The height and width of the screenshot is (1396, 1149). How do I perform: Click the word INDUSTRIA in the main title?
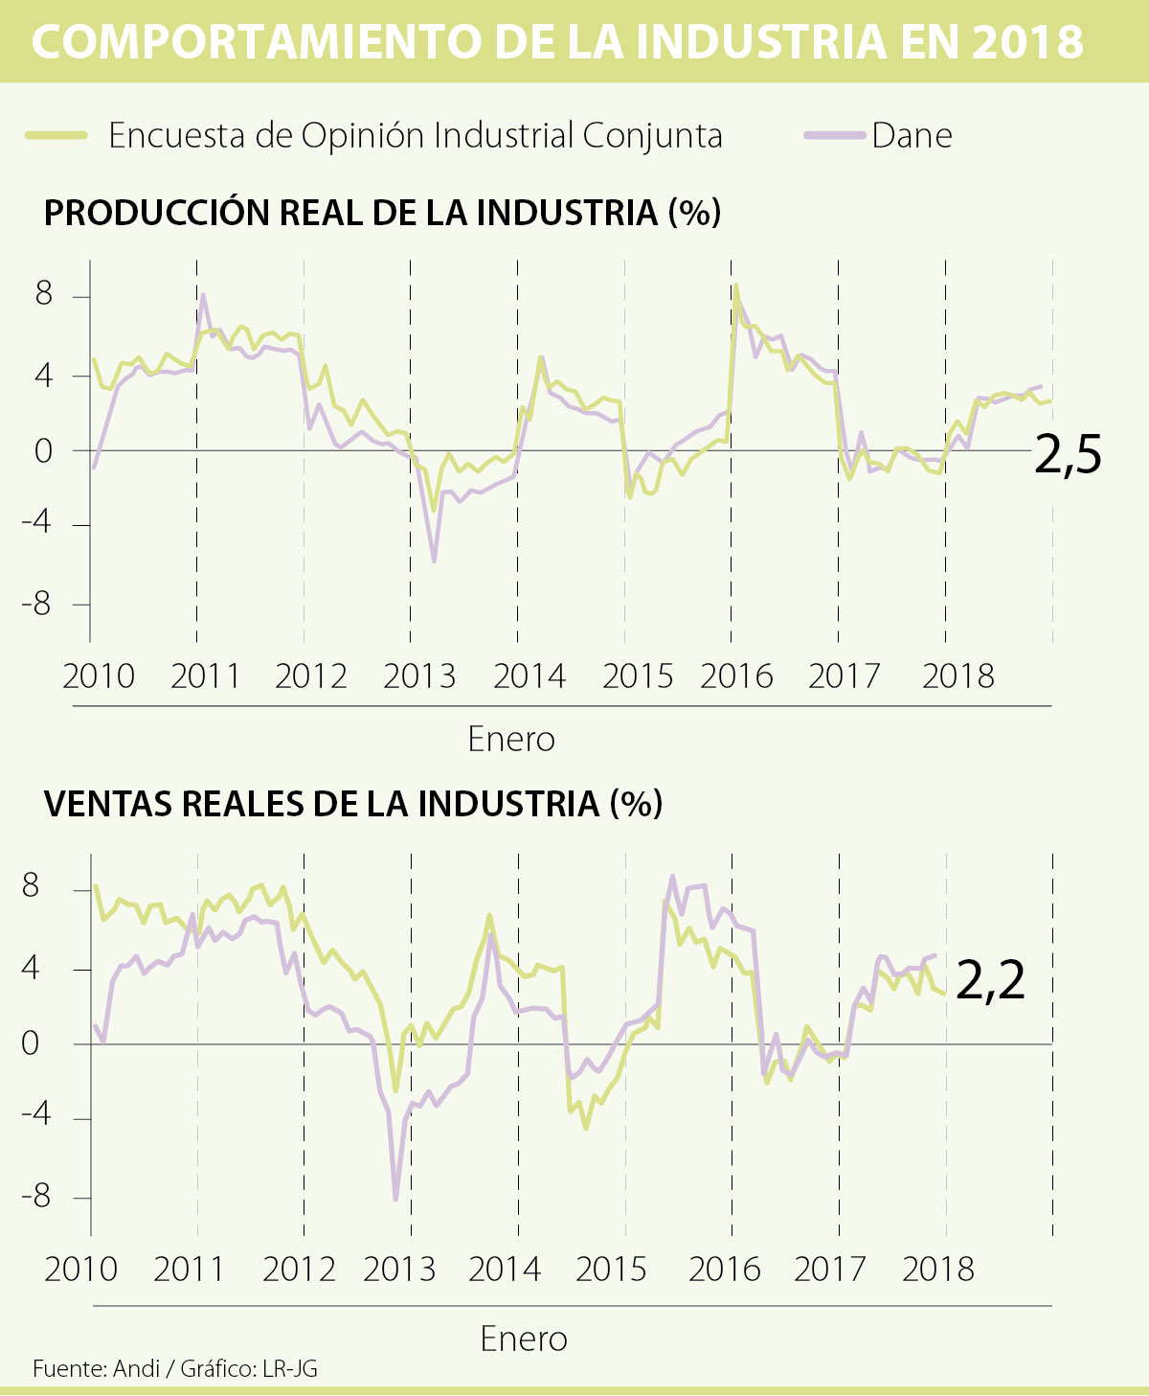758,41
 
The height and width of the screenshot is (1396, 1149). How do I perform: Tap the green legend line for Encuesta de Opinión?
56,136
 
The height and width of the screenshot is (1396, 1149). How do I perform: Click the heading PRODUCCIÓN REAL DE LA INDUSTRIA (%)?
382,212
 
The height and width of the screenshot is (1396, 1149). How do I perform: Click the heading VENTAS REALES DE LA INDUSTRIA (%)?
353,803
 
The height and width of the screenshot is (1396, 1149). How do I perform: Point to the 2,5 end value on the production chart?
1068,456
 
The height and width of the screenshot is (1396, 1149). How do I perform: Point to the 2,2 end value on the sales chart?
990,981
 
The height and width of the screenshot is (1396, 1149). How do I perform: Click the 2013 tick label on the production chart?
419,676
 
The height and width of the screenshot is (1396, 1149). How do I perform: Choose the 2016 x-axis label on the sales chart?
724,1270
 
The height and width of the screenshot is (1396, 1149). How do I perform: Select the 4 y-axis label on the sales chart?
31,968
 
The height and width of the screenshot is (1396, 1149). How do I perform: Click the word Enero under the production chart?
511,740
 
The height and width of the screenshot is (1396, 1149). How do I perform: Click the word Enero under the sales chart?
524,1339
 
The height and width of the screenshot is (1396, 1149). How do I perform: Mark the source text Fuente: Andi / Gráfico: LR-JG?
175,1368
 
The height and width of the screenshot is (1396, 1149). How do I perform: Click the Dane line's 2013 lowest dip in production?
434,561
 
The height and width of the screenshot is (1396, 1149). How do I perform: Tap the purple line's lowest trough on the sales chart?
395,1198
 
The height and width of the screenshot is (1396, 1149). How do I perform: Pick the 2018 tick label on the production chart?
957,676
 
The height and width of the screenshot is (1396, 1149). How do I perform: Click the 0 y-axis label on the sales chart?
31,1043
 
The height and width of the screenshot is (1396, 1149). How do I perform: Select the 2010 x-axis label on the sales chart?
80,1270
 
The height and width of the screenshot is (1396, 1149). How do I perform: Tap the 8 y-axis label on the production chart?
44,295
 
